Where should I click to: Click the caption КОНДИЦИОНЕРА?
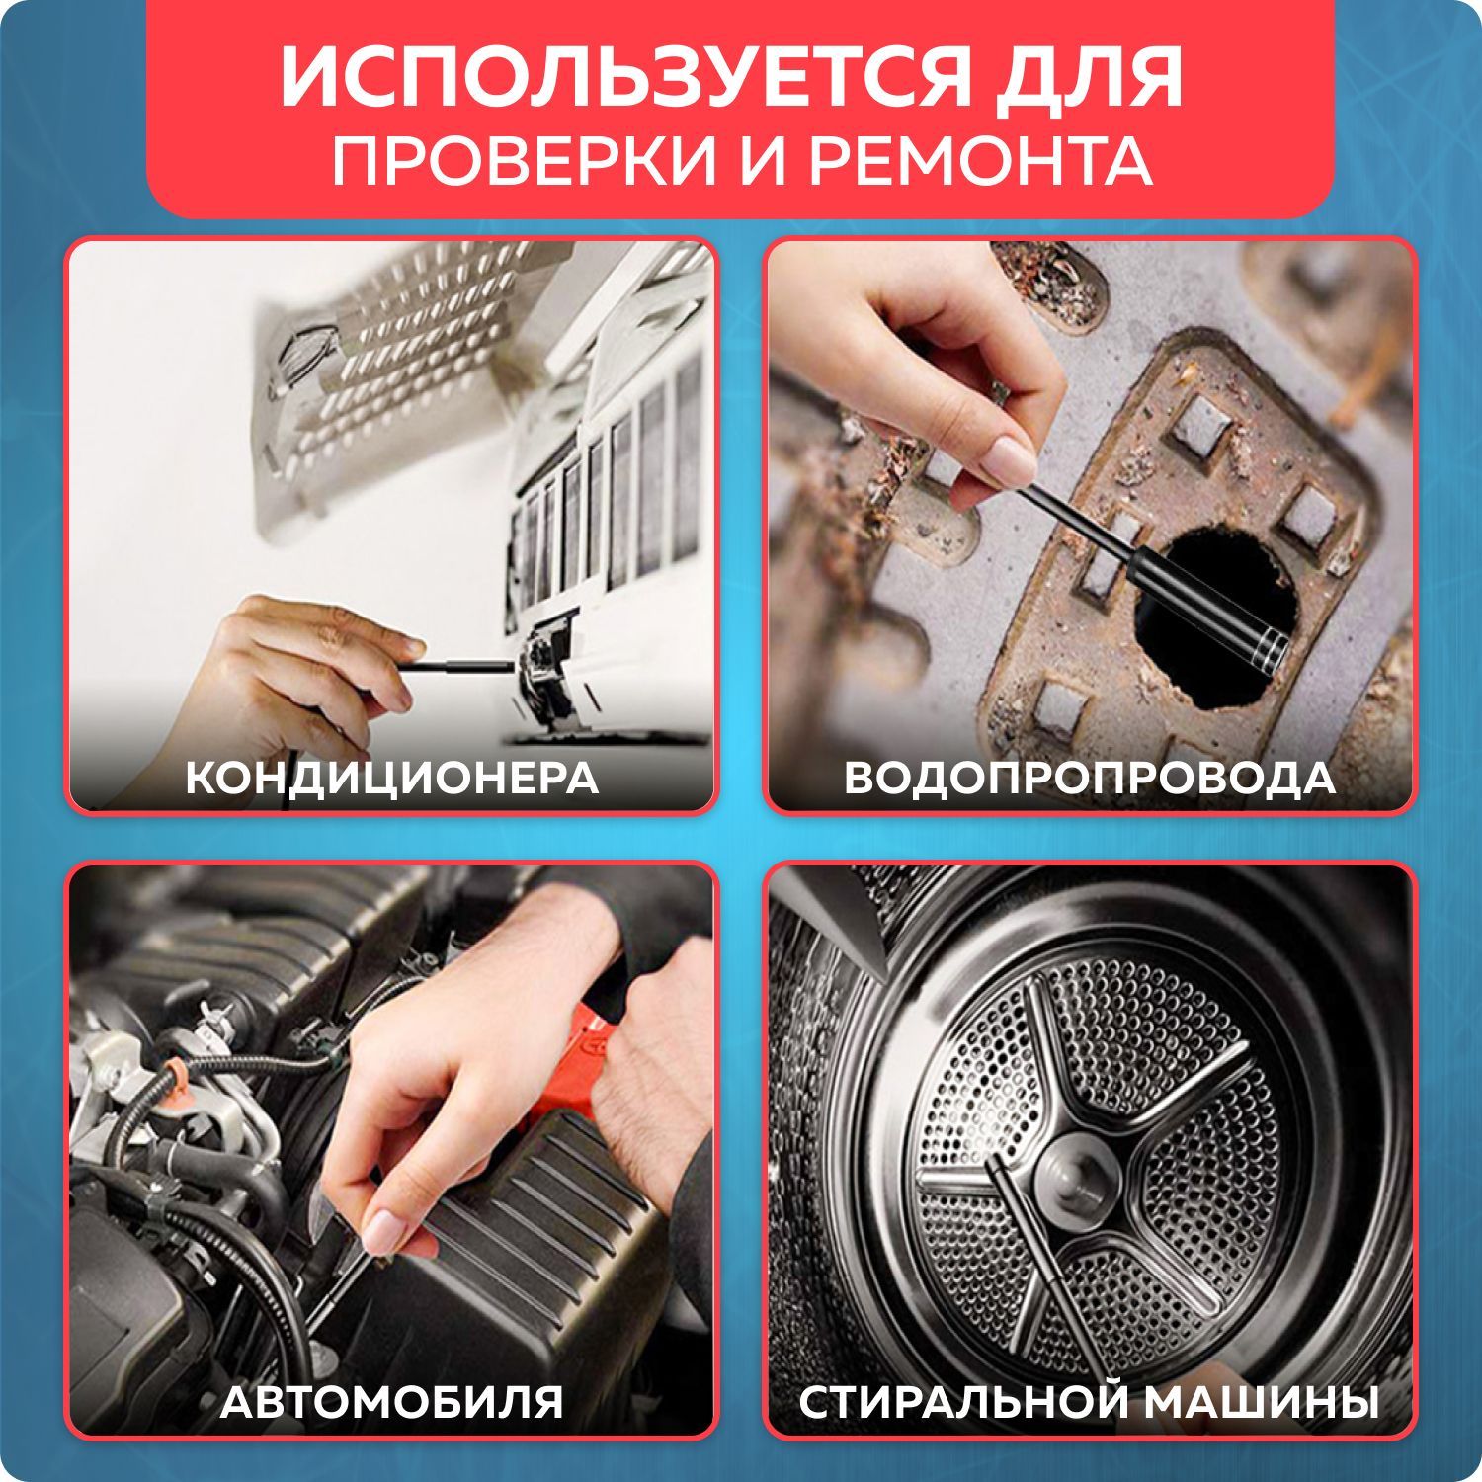(391, 779)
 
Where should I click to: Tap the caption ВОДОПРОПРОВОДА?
(1090, 779)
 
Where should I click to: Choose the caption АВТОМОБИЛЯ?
(391, 1401)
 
